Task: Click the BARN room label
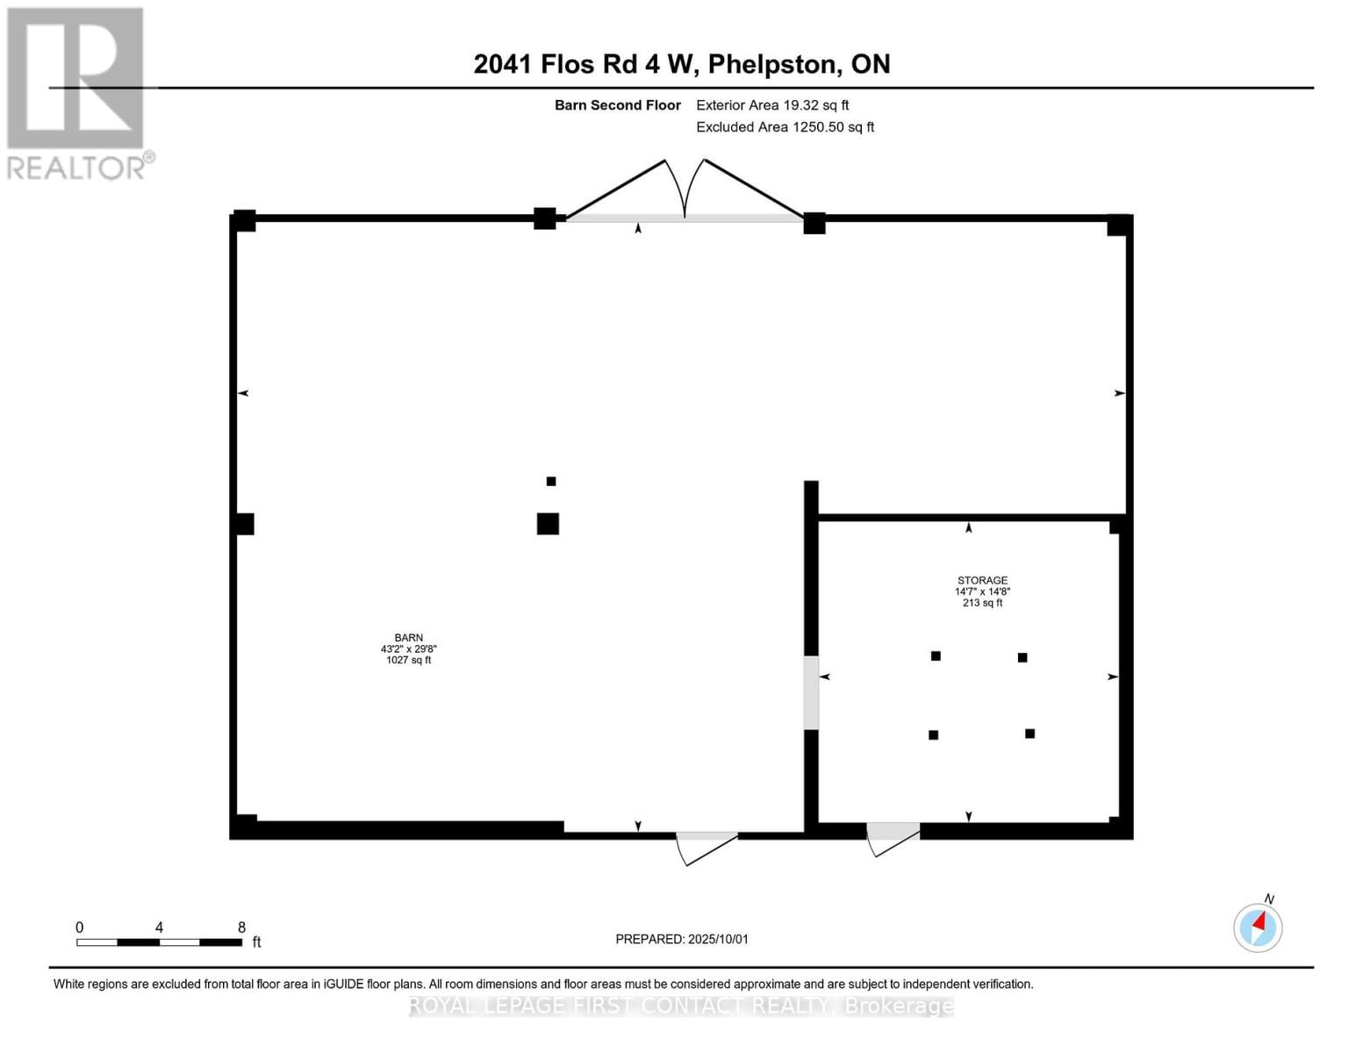(408, 638)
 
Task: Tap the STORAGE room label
(982, 580)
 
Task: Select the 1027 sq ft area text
(408, 660)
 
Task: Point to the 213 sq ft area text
(982, 603)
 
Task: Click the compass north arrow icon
(1258, 927)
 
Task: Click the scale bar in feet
(159, 942)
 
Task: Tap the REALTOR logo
(76, 92)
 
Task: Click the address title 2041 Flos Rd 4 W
(681, 64)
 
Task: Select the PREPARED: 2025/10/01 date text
(682, 939)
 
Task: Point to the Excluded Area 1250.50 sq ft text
(785, 127)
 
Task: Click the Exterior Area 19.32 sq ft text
(772, 105)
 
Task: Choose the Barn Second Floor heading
(617, 105)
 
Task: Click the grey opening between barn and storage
(811, 692)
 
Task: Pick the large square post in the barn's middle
(548, 524)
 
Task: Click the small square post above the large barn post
(551, 481)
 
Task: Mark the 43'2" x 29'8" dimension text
(408, 649)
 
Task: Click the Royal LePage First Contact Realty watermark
(681, 1006)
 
